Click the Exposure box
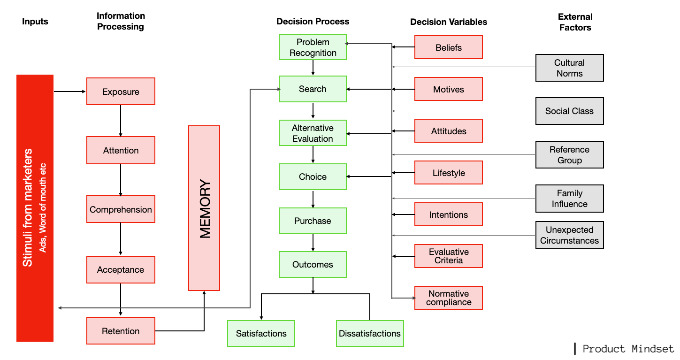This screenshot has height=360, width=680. (121, 92)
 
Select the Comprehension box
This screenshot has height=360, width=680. (121, 209)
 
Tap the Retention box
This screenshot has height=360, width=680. (121, 331)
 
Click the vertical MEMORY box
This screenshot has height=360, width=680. (204, 208)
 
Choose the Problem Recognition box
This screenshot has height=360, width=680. (313, 47)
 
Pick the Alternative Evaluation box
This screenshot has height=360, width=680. (313, 133)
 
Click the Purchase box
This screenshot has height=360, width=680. (313, 221)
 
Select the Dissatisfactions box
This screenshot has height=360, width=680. (370, 334)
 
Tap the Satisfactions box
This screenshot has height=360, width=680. (261, 334)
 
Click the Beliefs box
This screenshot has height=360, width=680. (448, 47)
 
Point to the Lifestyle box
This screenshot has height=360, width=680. (448, 173)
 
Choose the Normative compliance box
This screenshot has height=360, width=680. (448, 298)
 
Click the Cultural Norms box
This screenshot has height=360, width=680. (569, 68)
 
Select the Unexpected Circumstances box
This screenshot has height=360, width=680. (569, 235)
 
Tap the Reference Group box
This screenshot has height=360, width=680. (569, 155)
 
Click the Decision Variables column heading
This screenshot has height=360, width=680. (448, 22)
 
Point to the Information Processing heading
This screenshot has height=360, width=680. (121, 21)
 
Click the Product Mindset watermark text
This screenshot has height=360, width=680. (628, 349)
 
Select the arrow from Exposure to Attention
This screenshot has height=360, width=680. (121, 120)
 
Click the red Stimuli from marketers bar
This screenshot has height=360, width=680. (35, 208)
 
